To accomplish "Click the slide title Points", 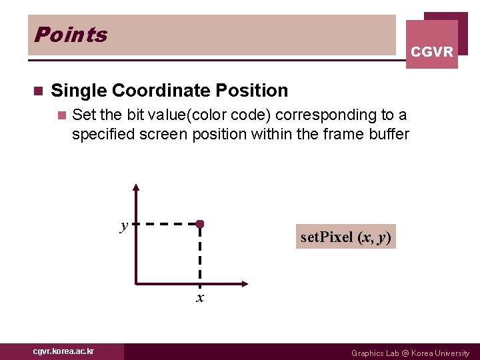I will pyautogui.click(x=70, y=35).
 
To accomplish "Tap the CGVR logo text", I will pyautogui.click(x=432, y=52).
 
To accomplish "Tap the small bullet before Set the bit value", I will pyautogui.click(x=62, y=115).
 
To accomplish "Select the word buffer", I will pyautogui.click(x=388, y=134).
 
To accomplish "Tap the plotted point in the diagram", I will pyautogui.click(x=199, y=224).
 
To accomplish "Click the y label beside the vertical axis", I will pyautogui.click(x=124, y=225).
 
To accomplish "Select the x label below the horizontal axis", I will pyautogui.click(x=199, y=297).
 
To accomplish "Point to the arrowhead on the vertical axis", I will pyautogui.click(x=136, y=189).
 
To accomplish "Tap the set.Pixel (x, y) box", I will pyautogui.click(x=346, y=237).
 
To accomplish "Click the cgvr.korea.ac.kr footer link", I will pyautogui.click(x=64, y=351).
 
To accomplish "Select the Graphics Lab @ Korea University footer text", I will pyautogui.click(x=410, y=353).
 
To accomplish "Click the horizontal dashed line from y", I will pyautogui.click(x=167, y=224).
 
